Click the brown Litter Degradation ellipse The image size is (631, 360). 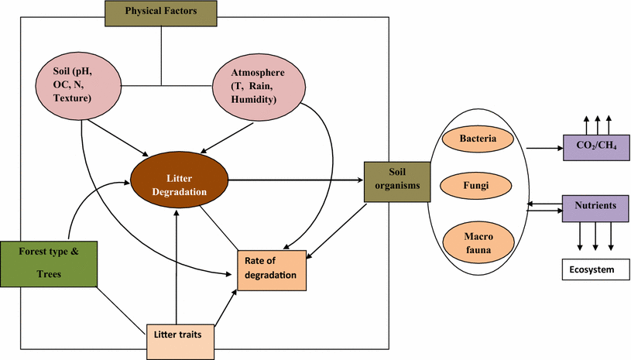coord(180,180)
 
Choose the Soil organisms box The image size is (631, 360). coord(397,180)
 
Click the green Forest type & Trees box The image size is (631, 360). coord(48,262)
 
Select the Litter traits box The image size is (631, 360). coord(180,338)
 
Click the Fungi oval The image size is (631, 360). coord(477,185)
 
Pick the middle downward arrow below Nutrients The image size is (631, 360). coord(595,236)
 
